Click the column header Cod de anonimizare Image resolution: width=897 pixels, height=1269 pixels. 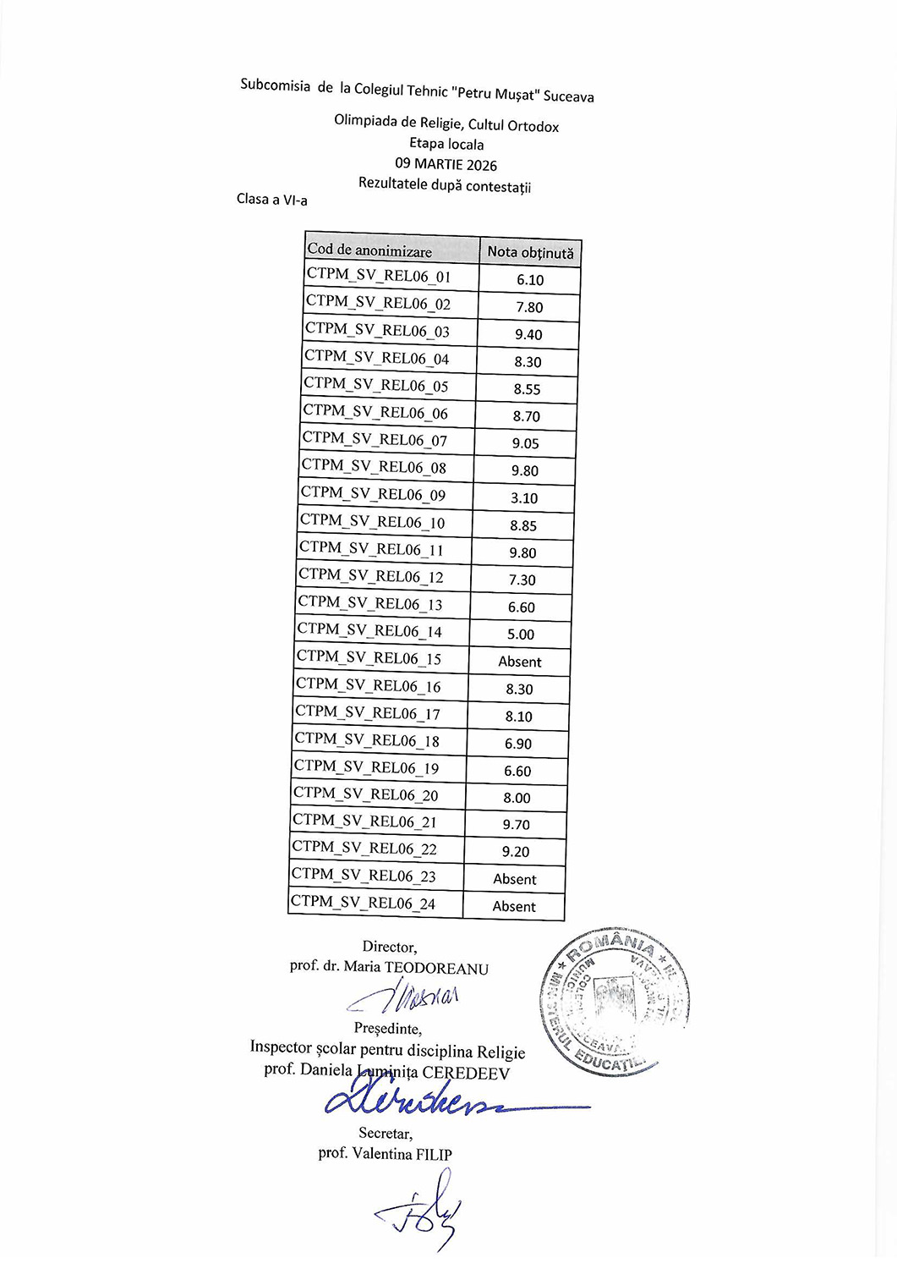[x=369, y=250]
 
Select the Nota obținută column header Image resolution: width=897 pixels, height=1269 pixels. [x=530, y=252]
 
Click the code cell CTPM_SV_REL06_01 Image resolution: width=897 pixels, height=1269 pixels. [x=379, y=276]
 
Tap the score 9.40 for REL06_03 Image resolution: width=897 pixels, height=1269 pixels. [x=528, y=335]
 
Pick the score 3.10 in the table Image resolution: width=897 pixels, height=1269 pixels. [x=524, y=498]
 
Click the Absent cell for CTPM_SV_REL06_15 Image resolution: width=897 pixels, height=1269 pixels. [x=520, y=662]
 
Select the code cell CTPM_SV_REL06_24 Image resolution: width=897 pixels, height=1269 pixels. [x=363, y=903]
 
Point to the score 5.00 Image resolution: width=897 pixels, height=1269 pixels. [x=521, y=634]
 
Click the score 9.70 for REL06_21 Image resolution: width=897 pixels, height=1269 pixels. [x=517, y=825]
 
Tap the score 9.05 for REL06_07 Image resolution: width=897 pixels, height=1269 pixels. [x=525, y=443]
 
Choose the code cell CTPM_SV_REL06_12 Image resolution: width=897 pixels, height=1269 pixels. [x=370, y=577]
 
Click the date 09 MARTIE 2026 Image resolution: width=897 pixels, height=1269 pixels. [x=446, y=165]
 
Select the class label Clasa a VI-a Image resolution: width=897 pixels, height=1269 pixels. [x=272, y=200]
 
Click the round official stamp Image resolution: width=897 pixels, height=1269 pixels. [x=615, y=1002]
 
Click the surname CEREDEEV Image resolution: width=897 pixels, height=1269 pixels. [x=466, y=1074]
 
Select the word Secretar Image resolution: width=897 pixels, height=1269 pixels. [x=385, y=1133]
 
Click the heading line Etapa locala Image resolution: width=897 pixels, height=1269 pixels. [x=446, y=144]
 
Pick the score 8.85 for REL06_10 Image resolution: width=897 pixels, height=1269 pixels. [x=523, y=525]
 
